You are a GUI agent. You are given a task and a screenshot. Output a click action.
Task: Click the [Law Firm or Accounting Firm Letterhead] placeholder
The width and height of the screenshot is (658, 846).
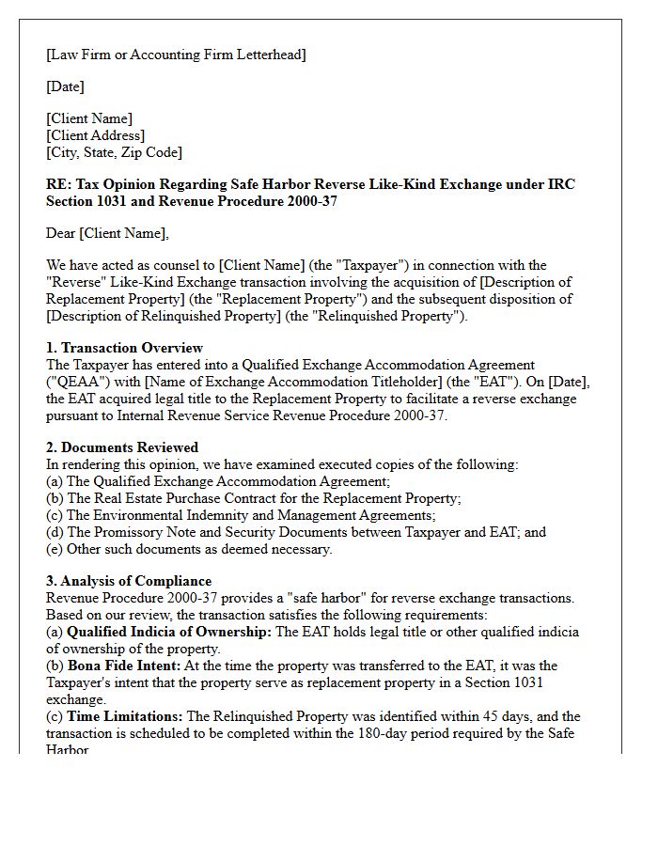[176, 55]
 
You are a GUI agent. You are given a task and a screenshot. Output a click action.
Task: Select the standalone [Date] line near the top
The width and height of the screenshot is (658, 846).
[65, 86]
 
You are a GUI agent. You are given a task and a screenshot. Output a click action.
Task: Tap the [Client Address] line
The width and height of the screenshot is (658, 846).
[95, 135]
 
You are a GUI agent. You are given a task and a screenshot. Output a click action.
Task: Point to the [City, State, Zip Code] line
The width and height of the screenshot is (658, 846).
[114, 151]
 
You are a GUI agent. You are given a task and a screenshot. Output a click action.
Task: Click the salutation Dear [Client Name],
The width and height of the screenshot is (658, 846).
[107, 233]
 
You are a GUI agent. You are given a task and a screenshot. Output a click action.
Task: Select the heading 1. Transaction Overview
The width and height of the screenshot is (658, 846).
[124, 348]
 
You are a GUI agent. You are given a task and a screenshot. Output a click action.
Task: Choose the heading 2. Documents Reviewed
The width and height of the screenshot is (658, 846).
[122, 447]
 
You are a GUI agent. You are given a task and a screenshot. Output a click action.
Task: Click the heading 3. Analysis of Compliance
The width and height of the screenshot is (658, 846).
[129, 581]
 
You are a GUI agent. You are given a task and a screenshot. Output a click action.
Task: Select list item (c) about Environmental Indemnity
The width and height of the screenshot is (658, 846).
[241, 515]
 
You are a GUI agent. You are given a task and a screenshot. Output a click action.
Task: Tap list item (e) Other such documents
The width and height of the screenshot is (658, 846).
[189, 549]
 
